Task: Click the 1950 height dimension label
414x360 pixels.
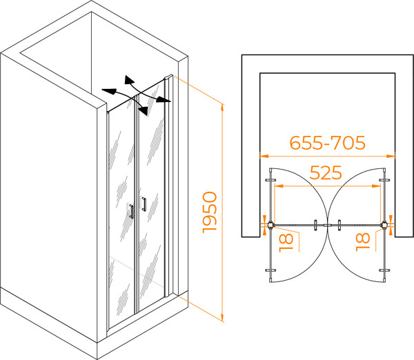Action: [x=210, y=212]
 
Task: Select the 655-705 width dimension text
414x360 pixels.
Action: [x=327, y=143]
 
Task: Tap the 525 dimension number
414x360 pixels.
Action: [x=326, y=172]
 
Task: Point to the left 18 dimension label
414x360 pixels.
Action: [x=286, y=242]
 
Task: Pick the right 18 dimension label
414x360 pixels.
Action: [x=363, y=242]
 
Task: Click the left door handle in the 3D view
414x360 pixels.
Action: [x=131, y=211]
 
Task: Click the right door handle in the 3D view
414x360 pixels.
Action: [x=144, y=204]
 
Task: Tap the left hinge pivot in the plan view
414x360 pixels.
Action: [x=270, y=225]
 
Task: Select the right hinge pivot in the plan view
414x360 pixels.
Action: [x=384, y=225]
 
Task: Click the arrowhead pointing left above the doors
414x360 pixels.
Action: [x=109, y=91]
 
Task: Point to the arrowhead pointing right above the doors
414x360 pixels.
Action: [x=164, y=99]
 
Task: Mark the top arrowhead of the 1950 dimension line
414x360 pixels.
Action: [x=222, y=108]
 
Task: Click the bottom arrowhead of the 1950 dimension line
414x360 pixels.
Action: [x=222, y=318]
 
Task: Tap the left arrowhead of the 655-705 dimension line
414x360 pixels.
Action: [x=264, y=156]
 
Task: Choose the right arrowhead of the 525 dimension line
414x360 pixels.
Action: [x=376, y=186]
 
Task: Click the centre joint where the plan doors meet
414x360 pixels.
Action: [x=327, y=225]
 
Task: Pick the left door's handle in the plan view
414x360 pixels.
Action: [x=315, y=225]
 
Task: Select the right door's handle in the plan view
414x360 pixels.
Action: [x=339, y=225]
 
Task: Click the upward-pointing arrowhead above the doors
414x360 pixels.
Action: [x=129, y=79]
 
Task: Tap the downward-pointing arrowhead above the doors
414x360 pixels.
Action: [x=144, y=111]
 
